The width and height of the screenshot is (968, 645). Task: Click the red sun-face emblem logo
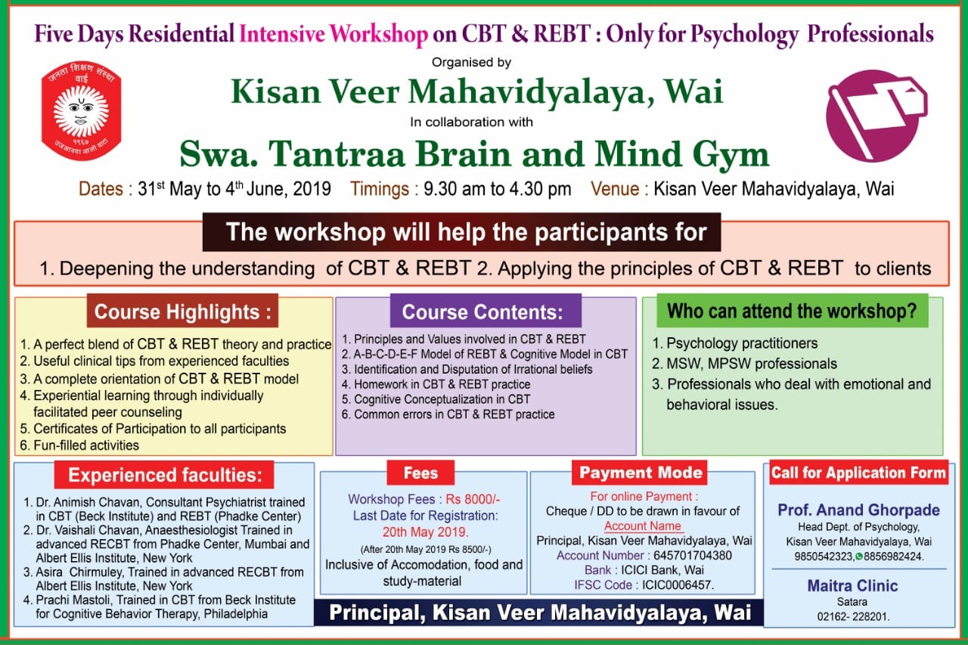coord(81,110)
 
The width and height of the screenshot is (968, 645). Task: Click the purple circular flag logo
coord(876,116)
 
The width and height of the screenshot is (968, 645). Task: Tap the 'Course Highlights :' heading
coord(182,311)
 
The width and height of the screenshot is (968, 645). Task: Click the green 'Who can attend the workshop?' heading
coord(792,311)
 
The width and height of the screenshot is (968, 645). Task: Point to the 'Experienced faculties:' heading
coord(165,475)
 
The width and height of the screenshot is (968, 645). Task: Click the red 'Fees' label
coord(420,473)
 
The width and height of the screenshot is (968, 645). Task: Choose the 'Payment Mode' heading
coord(641,473)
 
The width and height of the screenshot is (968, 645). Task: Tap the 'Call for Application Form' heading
coord(858,473)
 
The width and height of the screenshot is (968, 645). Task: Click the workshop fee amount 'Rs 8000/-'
coord(473,499)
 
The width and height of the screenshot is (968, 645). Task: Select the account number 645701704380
coord(692,556)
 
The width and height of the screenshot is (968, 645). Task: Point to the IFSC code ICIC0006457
coord(678,585)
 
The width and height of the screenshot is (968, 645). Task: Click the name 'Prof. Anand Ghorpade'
coord(858,510)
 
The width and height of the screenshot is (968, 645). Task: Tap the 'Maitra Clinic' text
coord(852,586)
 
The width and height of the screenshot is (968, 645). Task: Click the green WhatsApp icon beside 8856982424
coord(859,557)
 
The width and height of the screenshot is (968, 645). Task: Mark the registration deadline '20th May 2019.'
coord(426,532)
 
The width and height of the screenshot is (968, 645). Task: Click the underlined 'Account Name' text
coord(643,526)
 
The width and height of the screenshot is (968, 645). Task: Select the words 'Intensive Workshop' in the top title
coord(334,34)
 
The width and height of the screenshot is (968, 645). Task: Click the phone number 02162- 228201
coord(853,617)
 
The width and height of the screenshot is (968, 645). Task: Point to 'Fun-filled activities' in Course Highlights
coord(86,445)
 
